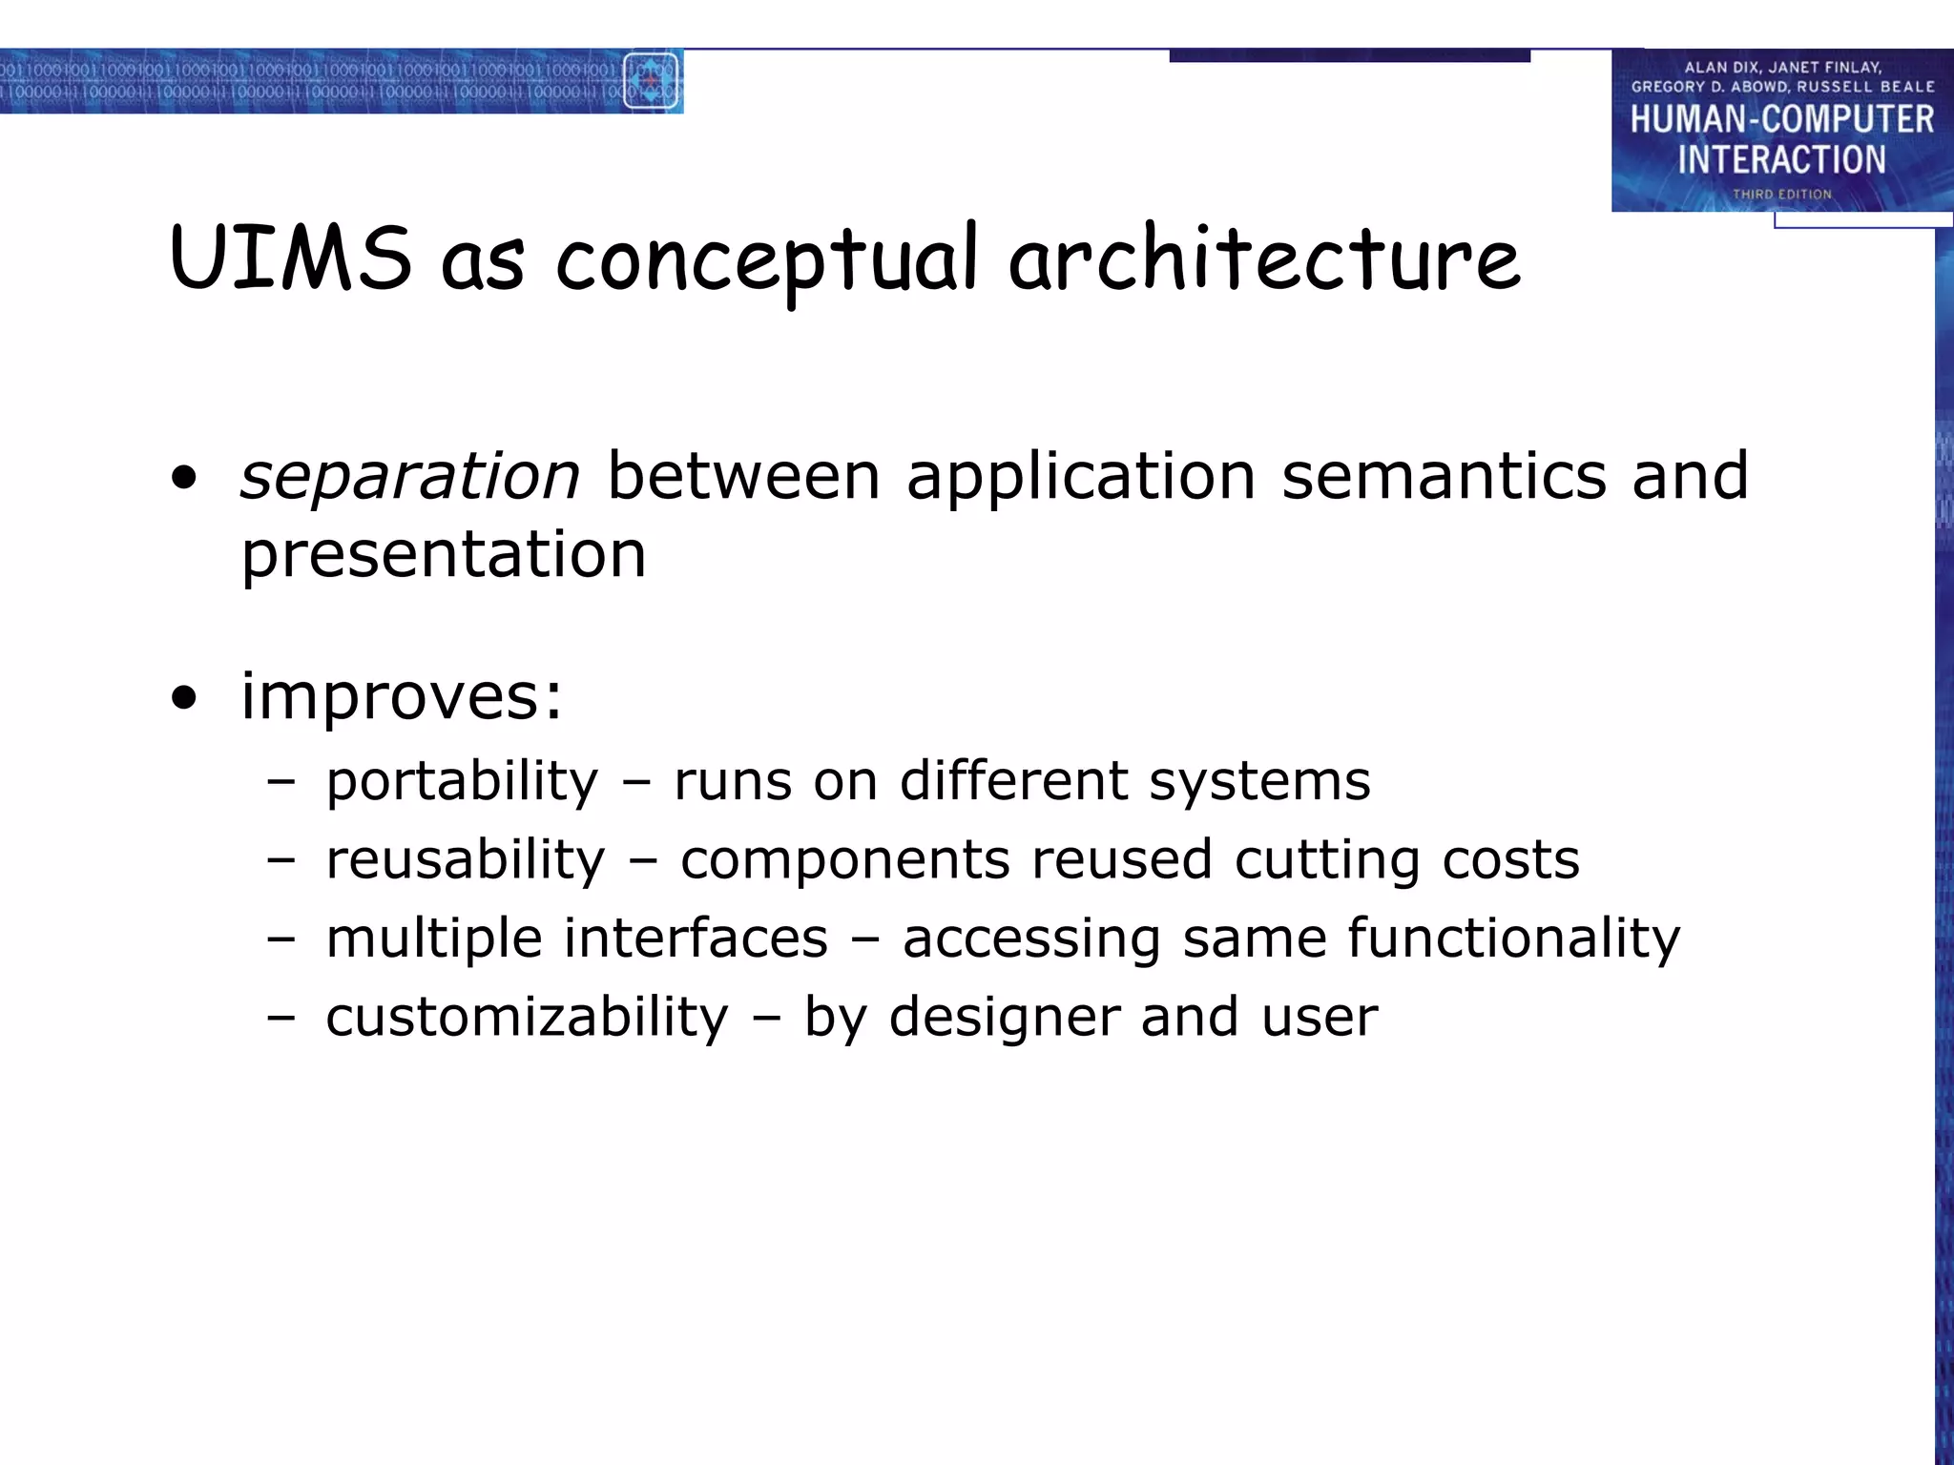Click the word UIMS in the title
tap(291, 258)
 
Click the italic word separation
tap(409, 476)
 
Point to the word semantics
tap(1444, 476)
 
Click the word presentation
tap(444, 555)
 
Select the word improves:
tap(402, 697)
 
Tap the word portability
tap(462, 782)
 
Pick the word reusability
tap(466, 860)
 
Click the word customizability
tap(527, 1018)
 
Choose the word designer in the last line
tap(1005, 1017)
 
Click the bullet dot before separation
tap(184, 479)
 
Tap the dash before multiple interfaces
tap(281, 939)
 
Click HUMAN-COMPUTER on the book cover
tap(1781, 120)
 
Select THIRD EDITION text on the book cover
tap(1782, 195)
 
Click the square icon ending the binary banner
tap(651, 81)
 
